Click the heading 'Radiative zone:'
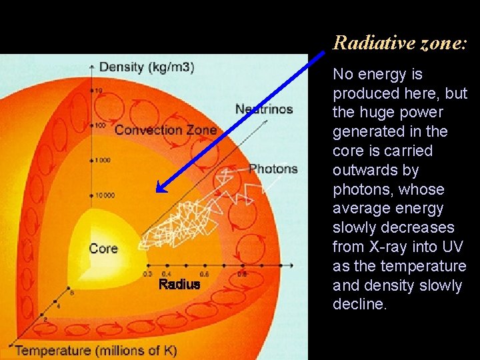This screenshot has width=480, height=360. [400, 43]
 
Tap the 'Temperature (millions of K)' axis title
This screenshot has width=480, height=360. [96, 350]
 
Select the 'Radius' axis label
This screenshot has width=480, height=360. [179, 285]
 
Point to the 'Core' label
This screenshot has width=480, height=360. [103, 249]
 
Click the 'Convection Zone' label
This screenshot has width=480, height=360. [165, 129]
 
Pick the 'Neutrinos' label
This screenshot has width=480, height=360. [264, 109]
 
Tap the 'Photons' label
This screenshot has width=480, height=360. [273, 169]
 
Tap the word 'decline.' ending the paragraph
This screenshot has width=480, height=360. [359, 304]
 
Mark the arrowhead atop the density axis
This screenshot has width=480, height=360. [93, 65]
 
